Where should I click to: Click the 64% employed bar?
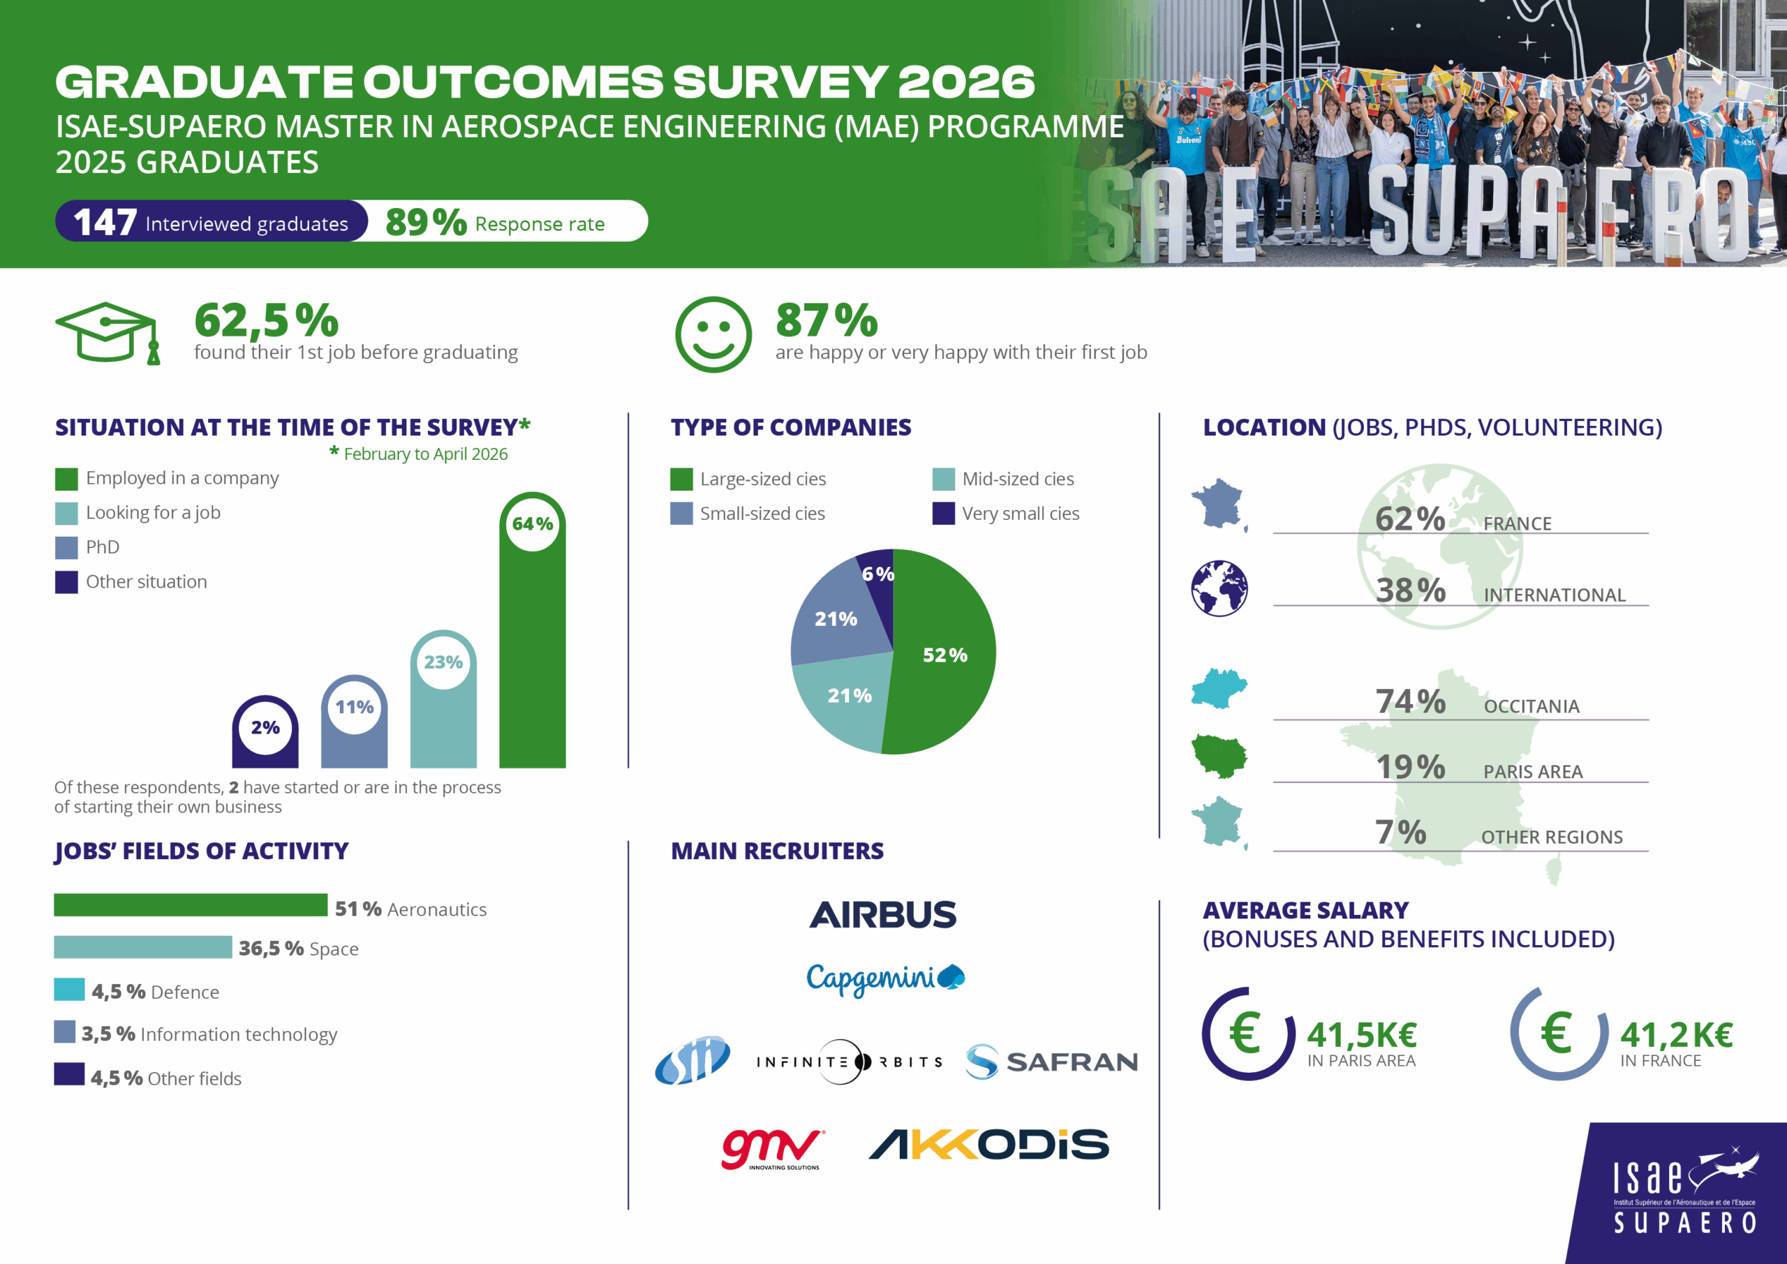pos(533,630)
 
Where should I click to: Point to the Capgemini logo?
pos(886,979)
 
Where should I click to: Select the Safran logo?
pos(1051,1062)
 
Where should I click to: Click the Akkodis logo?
pos(988,1144)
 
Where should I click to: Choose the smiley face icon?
pos(713,335)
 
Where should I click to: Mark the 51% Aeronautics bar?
pos(191,905)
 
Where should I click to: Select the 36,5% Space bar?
pos(143,947)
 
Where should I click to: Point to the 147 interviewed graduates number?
pos(105,222)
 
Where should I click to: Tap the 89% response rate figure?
pos(426,222)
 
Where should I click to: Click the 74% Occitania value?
pos(1410,701)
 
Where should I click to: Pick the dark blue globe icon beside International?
pos(1219,588)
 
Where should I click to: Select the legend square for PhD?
pos(66,548)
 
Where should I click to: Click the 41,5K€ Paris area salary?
pos(1362,1034)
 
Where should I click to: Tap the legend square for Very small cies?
pos(943,514)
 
